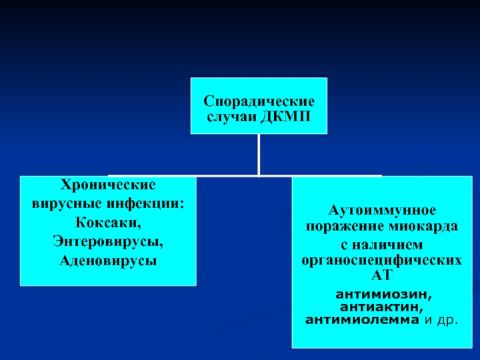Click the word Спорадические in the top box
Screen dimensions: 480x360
tap(259, 101)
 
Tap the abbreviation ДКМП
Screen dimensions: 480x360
tap(286, 116)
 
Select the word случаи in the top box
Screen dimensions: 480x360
tap(232, 117)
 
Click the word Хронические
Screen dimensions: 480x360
tap(108, 185)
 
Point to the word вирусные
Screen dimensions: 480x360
tap(67, 203)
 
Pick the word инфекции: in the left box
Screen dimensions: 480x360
tap(145, 203)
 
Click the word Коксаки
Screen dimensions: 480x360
tap(108, 223)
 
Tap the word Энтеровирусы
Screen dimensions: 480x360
tap(108, 242)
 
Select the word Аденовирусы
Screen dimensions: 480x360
tap(108, 260)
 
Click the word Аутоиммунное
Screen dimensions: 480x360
tap(382, 211)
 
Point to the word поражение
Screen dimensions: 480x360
tap(346, 227)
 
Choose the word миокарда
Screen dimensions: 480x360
tap(424, 227)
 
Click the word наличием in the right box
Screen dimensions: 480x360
tap(387, 245)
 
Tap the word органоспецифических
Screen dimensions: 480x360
tap(382, 261)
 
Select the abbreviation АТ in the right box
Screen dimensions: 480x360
tap(382, 275)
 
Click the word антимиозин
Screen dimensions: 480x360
tap(384, 295)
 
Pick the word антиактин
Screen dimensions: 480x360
tap(382, 307)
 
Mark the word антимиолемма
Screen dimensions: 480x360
tap(362, 320)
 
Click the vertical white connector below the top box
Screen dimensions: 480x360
tap(259, 155)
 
